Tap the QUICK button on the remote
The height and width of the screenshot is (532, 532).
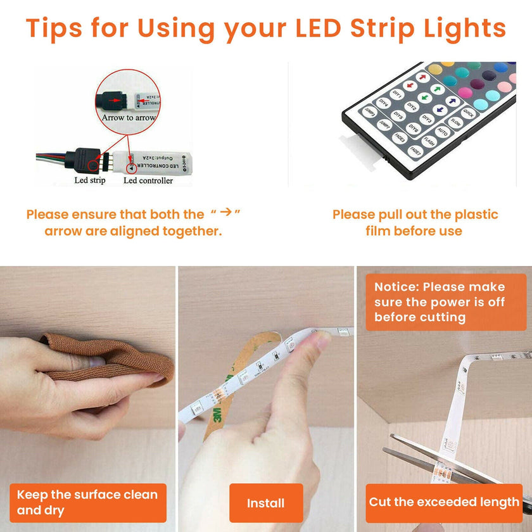click(x=468, y=113)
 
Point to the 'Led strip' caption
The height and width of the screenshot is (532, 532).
click(x=90, y=180)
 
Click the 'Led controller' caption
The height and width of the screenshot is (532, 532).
click(x=148, y=180)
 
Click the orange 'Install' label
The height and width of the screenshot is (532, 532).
click(x=265, y=503)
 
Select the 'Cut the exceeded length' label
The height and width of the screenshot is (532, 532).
click(x=444, y=502)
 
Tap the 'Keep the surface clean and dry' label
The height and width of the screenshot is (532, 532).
click(x=88, y=502)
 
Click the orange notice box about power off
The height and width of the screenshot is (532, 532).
click(x=445, y=302)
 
